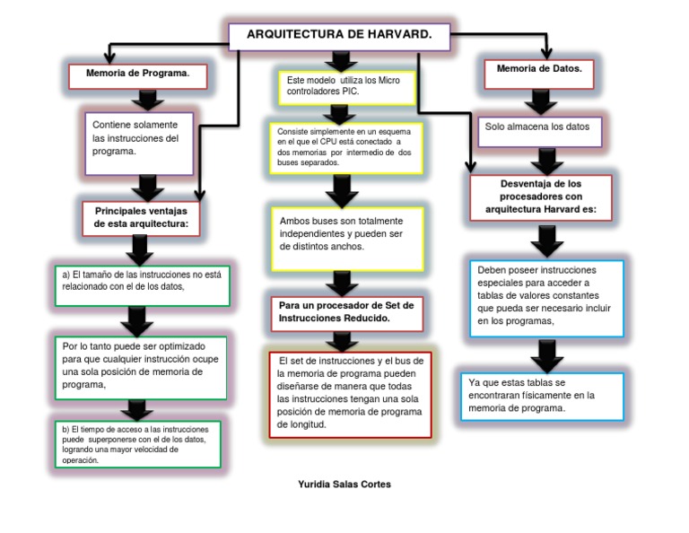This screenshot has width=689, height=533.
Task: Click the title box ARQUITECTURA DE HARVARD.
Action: (339, 36)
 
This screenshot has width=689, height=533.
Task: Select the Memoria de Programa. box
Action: (138, 76)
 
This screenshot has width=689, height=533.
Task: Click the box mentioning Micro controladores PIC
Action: (345, 87)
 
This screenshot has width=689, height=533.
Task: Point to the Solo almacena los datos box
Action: (538, 129)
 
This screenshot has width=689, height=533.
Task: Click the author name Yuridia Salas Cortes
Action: (344, 484)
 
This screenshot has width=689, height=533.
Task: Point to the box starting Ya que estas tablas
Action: (541, 396)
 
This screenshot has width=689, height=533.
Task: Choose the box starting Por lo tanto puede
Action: (139, 366)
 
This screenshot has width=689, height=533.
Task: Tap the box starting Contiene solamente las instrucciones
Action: (139, 142)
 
